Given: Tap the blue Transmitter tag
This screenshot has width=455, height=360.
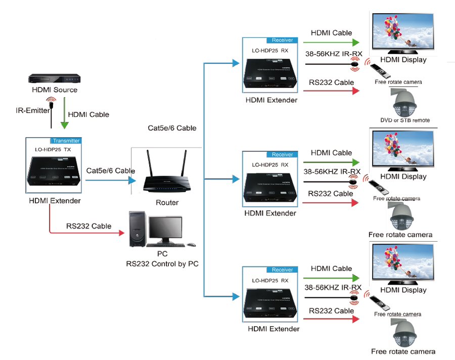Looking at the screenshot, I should (65, 141).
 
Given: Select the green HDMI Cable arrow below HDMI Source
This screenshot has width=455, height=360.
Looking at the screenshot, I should (64, 114).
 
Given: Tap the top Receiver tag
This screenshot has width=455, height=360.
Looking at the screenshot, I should (282, 40).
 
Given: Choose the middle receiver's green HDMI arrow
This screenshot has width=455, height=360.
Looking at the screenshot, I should (332, 162).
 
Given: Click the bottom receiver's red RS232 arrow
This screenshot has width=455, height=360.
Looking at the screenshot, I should (332, 319).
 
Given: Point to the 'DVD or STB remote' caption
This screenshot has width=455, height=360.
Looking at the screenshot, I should (405, 120).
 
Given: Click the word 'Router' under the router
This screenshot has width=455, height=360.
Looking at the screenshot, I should (167, 203).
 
